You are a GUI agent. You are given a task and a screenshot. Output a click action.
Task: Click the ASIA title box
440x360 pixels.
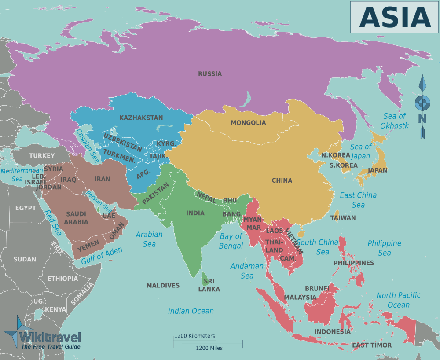coord(395,17)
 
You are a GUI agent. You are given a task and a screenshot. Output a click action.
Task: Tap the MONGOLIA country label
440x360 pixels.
coord(248,123)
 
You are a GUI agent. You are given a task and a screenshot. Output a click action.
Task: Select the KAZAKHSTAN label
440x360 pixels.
coord(141,118)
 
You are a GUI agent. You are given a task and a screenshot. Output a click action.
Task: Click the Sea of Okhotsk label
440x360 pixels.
coord(395,121)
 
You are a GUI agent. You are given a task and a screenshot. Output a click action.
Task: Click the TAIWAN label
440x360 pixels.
coord(343,217)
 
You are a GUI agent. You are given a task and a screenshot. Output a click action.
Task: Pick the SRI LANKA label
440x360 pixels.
coord(209,285)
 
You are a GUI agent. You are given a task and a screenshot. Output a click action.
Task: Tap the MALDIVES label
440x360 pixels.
coord(163,285)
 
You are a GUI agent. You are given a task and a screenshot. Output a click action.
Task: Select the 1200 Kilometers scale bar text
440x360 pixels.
coord(194,336)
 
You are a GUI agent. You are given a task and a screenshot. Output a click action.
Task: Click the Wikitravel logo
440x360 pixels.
coord(42,336)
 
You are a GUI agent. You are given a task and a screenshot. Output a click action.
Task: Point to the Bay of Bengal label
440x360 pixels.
coord(231,241)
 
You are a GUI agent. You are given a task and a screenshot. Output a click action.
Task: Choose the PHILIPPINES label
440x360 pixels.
coord(354,263)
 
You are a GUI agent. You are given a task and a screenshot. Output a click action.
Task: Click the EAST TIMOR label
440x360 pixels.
coord(372,345)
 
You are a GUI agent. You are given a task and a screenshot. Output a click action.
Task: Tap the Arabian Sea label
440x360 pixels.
coord(149,239)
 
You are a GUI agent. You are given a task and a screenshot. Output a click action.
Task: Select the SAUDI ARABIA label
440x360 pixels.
coord(76,218)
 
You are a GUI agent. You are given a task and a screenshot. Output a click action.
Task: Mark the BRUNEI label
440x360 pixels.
coord(317,288)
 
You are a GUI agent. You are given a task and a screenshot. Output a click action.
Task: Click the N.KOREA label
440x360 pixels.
coord(335,155)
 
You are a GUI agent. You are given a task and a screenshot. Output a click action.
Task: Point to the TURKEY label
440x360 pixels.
coord(42,155)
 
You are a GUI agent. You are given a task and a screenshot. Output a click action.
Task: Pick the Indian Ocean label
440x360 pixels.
coord(191,311)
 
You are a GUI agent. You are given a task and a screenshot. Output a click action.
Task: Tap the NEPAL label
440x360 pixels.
coord(206,197)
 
